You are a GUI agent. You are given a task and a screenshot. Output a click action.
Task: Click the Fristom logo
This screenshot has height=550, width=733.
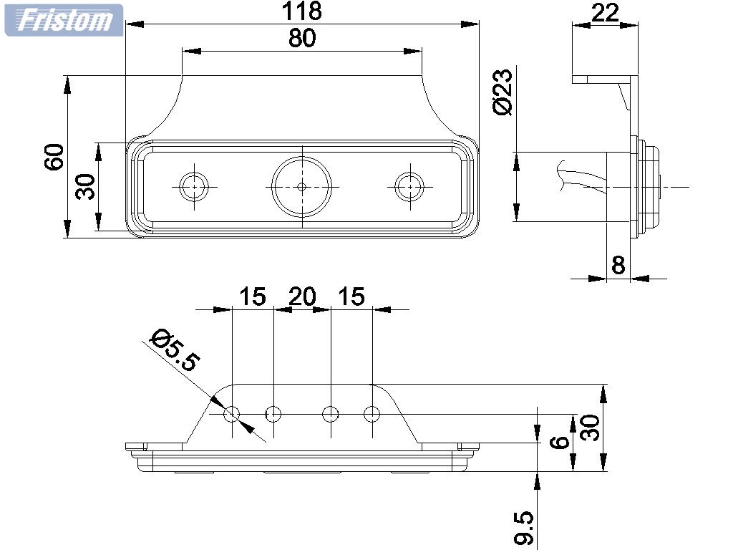click(x=64, y=20)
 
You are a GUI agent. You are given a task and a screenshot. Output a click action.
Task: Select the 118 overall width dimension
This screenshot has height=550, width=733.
click(x=301, y=11)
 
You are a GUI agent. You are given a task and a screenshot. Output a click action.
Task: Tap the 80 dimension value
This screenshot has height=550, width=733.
click(x=301, y=38)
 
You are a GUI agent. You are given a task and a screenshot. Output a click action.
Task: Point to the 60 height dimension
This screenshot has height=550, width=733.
click(x=54, y=157)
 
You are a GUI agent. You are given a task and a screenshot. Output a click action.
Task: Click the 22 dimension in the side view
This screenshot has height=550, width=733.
click(x=605, y=12)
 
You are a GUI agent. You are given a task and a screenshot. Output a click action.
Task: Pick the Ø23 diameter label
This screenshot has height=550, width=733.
click(x=503, y=92)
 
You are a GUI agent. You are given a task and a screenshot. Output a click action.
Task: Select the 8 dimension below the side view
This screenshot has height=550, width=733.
click(x=618, y=265)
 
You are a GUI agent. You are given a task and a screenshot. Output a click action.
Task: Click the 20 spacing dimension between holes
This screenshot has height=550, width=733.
click(x=301, y=296)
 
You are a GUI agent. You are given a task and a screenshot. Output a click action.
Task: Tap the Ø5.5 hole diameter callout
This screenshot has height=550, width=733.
click(x=173, y=350)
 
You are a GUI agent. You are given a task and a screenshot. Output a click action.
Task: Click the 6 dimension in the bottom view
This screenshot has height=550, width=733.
click(x=563, y=441)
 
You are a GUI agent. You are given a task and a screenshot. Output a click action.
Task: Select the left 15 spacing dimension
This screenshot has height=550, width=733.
click(x=252, y=296)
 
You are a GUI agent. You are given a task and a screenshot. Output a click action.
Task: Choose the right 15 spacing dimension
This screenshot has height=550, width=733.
click(x=351, y=296)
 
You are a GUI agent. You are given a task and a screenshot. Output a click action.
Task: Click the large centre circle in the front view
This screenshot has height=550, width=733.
click(x=301, y=186)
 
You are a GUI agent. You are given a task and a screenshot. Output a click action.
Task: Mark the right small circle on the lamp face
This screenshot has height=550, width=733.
click(x=409, y=186)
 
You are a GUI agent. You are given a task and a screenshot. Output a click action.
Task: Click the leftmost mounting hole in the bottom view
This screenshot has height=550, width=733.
click(x=232, y=413)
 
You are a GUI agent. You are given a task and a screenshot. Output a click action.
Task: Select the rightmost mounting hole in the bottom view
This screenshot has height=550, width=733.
click(x=372, y=413)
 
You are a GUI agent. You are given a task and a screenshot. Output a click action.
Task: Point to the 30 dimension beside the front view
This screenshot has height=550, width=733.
click(x=85, y=187)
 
